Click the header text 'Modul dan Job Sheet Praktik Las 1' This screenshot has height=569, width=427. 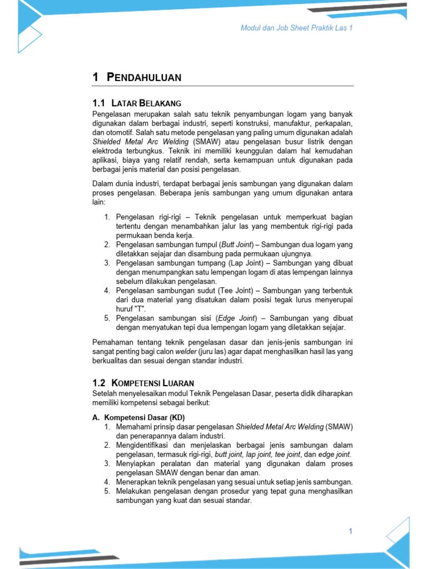[x=296, y=28]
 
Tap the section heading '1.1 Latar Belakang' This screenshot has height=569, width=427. [x=136, y=103]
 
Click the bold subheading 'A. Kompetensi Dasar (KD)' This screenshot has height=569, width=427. [x=138, y=417]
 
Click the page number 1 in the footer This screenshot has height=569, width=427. [x=351, y=531]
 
